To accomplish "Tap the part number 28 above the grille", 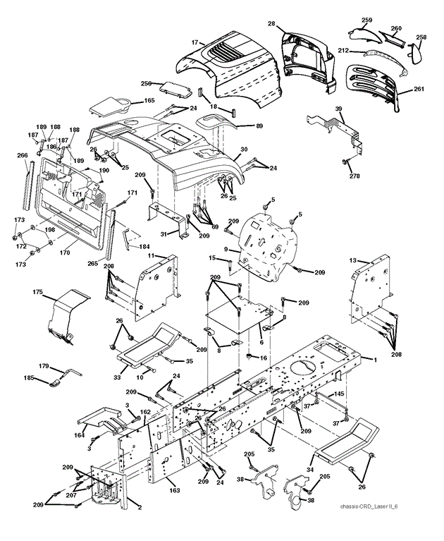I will pos(271,24).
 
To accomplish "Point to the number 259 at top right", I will pos(366,20).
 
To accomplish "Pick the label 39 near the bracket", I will pos(339,109).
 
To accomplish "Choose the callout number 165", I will pos(149,101).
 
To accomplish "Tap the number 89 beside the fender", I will pos(240,126).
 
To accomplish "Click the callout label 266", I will pos(23,157).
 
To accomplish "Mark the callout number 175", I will pos(38,291).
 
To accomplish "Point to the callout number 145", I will pos(339,394).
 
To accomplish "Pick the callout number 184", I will pos(144,246).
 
